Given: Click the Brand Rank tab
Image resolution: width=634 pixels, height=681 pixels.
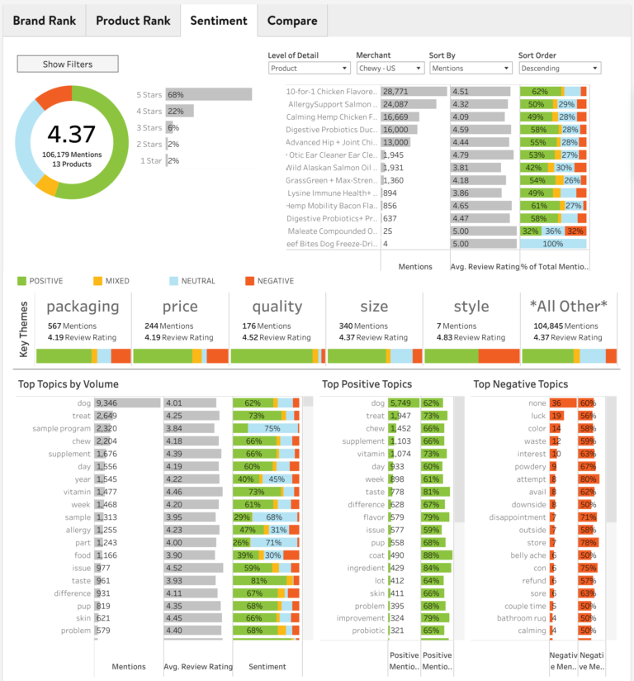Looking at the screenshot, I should tap(44, 21).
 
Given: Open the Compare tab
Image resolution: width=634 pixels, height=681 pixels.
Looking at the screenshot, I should tap(292, 21).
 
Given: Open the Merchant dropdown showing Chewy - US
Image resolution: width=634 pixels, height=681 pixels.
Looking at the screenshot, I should tap(388, 69).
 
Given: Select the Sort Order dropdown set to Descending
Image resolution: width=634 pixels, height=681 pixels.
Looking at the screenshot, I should tap(559, 69).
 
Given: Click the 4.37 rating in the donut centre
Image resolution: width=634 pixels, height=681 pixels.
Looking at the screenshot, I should tap(71, 134).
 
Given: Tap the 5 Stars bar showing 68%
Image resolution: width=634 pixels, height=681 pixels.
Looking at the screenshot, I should tap(208, 95).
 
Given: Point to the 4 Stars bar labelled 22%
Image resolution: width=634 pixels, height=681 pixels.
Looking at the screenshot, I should tap(179, 112).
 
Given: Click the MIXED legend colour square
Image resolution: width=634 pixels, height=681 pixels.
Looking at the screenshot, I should tap(99, 282).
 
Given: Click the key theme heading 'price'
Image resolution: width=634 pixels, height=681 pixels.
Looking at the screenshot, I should tap(180, 307).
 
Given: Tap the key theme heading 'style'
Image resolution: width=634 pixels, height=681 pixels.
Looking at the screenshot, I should tap(471, 307).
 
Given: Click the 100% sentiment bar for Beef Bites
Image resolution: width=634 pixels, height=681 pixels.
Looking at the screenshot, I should tap(553, 244).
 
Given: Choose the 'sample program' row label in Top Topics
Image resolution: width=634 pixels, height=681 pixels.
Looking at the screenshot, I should tap(62, 429).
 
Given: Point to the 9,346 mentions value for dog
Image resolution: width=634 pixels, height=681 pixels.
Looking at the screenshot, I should tap(106, 402).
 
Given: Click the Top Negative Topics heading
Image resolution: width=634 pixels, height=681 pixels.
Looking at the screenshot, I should tap(520, 384).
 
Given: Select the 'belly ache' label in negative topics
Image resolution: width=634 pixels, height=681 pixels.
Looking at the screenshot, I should tap(528, 555).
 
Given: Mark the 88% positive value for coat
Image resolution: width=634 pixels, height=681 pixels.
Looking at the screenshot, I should tap(431, 555).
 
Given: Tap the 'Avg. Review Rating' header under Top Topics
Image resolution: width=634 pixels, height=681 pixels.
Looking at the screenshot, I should tap(197, 666).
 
